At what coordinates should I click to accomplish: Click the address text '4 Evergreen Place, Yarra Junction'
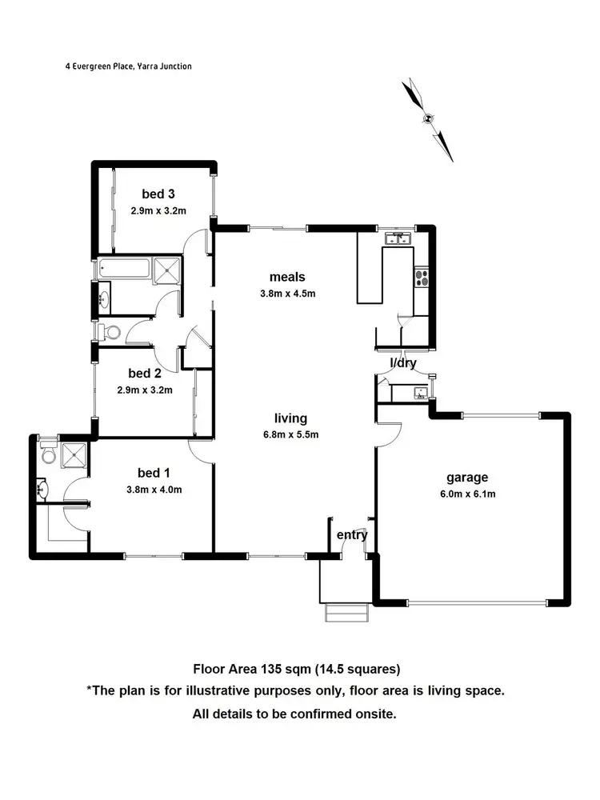[x=128, y=66]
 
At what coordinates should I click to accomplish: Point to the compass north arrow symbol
[x=429, y=119]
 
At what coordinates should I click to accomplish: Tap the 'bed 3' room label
[x=158, y=194]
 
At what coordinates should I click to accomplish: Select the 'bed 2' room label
[x=145, y=373]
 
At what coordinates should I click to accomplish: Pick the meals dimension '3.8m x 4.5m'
[x=288, y=293]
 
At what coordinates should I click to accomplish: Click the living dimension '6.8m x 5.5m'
[x=291, y=435]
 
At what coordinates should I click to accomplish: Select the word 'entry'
[x=352, y=535]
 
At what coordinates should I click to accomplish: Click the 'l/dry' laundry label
[x=402, y=362]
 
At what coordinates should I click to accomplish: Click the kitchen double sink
[x=398, y=238]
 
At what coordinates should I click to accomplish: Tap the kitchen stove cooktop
[x=422, y=278]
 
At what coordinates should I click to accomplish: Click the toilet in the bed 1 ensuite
[x=47, y=454]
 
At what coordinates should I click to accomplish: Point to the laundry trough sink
[x=418, y=393]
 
